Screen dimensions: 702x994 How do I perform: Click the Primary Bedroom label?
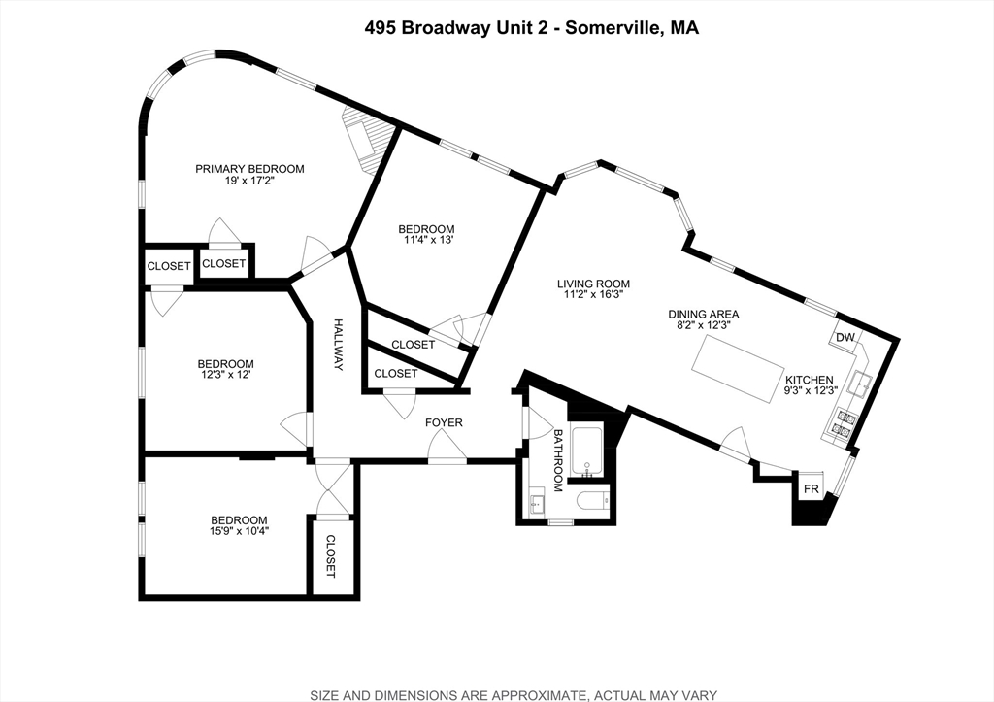point(249,169)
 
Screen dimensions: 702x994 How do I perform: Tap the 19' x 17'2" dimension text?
point(249,182)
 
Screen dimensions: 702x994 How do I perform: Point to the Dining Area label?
point(704,315)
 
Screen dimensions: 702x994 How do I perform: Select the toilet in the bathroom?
point(590,501)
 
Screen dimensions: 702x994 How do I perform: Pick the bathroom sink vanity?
point(537,504)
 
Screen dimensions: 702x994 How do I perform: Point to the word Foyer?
point(444,422)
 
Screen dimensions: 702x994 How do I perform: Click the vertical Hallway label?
point(339,345)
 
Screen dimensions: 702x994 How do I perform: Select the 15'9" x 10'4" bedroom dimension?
point(240,532)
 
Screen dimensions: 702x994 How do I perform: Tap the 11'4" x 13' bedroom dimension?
point(426,240)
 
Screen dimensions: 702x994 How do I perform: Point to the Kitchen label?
point(809,380)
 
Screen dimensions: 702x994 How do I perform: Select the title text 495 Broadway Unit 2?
point(460,29)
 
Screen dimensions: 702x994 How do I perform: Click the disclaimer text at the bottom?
point(514,694)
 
